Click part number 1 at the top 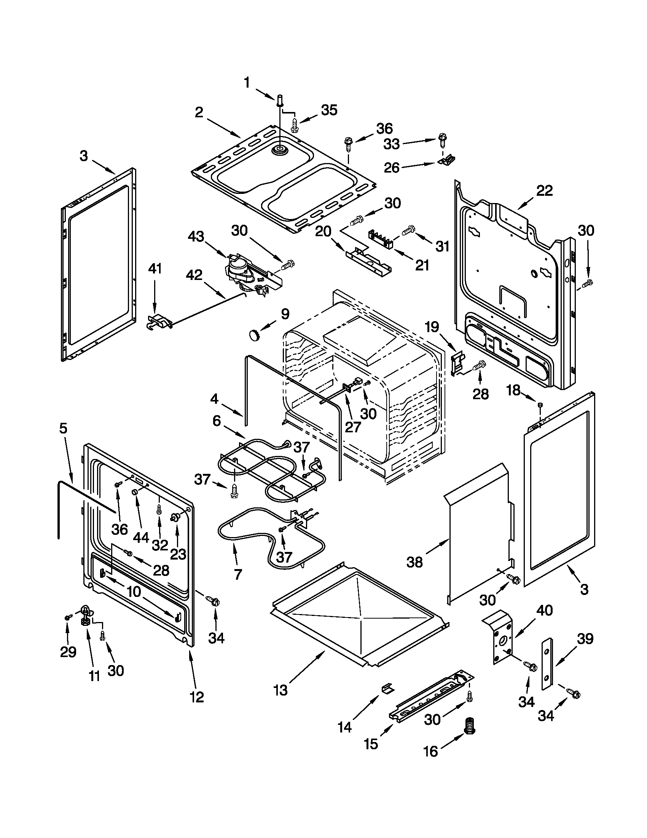click(247, 83)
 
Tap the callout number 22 click(544, 190)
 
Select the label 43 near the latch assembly click(196, 237)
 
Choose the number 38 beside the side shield click(414, 563)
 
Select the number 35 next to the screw click(329, 110)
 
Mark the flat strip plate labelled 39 click(547, 664)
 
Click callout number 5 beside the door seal click(63, 428)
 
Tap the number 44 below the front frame click(141, 537)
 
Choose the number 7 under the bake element click(237, 574)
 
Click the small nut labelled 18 click(540, 405)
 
